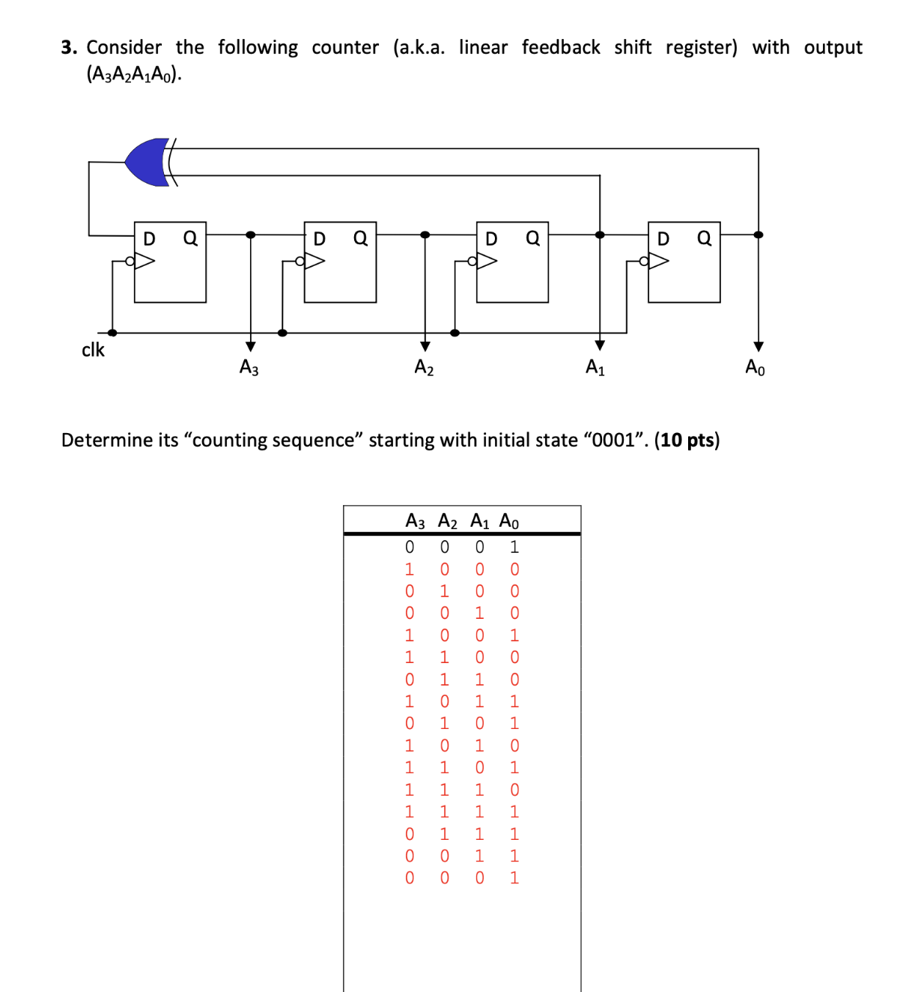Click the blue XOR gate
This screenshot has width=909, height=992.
[148, 162]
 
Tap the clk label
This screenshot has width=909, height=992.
[93, 350]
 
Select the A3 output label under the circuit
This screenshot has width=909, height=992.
[249, 367]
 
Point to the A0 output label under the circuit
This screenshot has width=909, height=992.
[755, 367]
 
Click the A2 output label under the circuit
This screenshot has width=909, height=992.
[424, 367]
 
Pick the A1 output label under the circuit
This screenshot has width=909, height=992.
[595, 367]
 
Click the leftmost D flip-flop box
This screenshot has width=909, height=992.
[170, 261]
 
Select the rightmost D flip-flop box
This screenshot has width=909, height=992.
[684, 261]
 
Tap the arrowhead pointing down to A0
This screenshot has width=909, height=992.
[758, 346]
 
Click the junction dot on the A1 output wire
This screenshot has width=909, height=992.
[600, 235]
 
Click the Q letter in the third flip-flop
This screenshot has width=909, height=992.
[532, 238]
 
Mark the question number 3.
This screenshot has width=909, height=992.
[69, 47]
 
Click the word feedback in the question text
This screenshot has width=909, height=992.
[561, 47]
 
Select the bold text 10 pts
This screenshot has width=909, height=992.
[687, 440]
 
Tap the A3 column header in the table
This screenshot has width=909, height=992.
[415, 521]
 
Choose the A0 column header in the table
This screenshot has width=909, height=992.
[508, 521]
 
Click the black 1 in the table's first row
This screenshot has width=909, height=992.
[514, 547]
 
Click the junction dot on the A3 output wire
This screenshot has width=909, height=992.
[251, 235]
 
